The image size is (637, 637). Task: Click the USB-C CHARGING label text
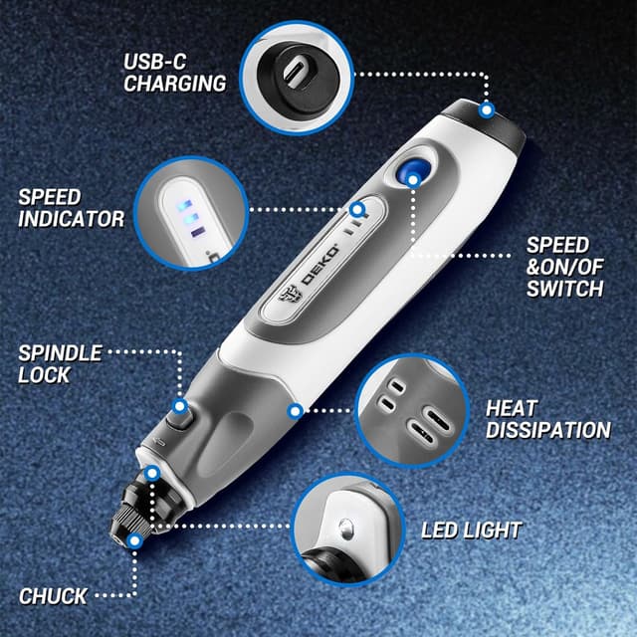(174, 73)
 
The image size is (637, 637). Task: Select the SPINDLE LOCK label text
(59, 363)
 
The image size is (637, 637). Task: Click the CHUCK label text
(53, 596)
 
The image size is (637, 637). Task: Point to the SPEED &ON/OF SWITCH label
(564, 266)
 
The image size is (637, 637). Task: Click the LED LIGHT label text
(471, 530)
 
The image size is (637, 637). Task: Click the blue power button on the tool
(413, 172)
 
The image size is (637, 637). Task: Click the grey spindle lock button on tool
(178, 419)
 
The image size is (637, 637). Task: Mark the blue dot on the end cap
(487, 108)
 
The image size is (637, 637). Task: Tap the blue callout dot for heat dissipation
(295, 409)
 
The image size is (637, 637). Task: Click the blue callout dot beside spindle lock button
(180, 405)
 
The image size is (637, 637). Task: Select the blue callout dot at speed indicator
(357, 210)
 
